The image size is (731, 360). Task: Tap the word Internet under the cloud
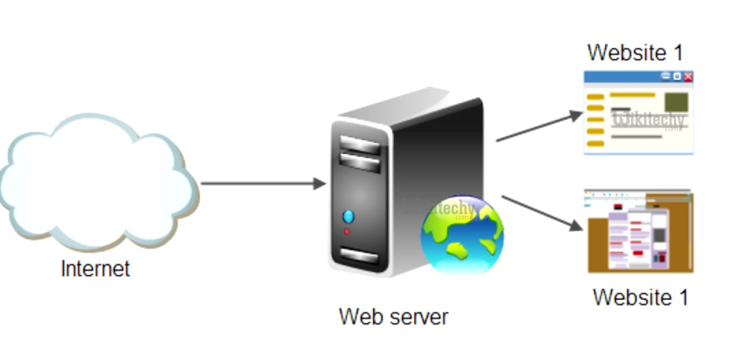96,269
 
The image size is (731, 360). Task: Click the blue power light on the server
348,216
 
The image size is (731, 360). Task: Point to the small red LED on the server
348,231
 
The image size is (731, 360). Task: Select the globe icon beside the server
462,236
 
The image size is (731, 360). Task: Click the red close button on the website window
688,76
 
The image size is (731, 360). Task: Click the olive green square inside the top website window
676,100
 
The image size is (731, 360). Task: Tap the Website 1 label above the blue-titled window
635,52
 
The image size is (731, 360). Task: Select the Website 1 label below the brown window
640,296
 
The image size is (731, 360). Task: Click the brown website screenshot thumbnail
640,231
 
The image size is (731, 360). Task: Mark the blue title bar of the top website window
621,76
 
